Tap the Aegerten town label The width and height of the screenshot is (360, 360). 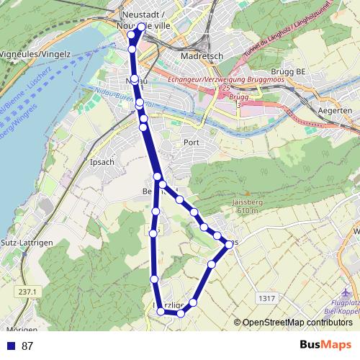pos(336,111)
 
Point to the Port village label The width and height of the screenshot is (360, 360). pos(191,142)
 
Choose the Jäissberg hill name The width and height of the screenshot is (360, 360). pos(246,202)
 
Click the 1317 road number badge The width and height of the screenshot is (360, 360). pos(266,298)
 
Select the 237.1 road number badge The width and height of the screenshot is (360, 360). pos(29,292)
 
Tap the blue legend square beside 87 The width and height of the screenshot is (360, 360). pos(11,346)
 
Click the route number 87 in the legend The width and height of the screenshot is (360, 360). pos(27,346)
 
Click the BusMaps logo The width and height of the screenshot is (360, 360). pos(325,345)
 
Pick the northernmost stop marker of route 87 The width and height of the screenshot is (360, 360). pos(140,27)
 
